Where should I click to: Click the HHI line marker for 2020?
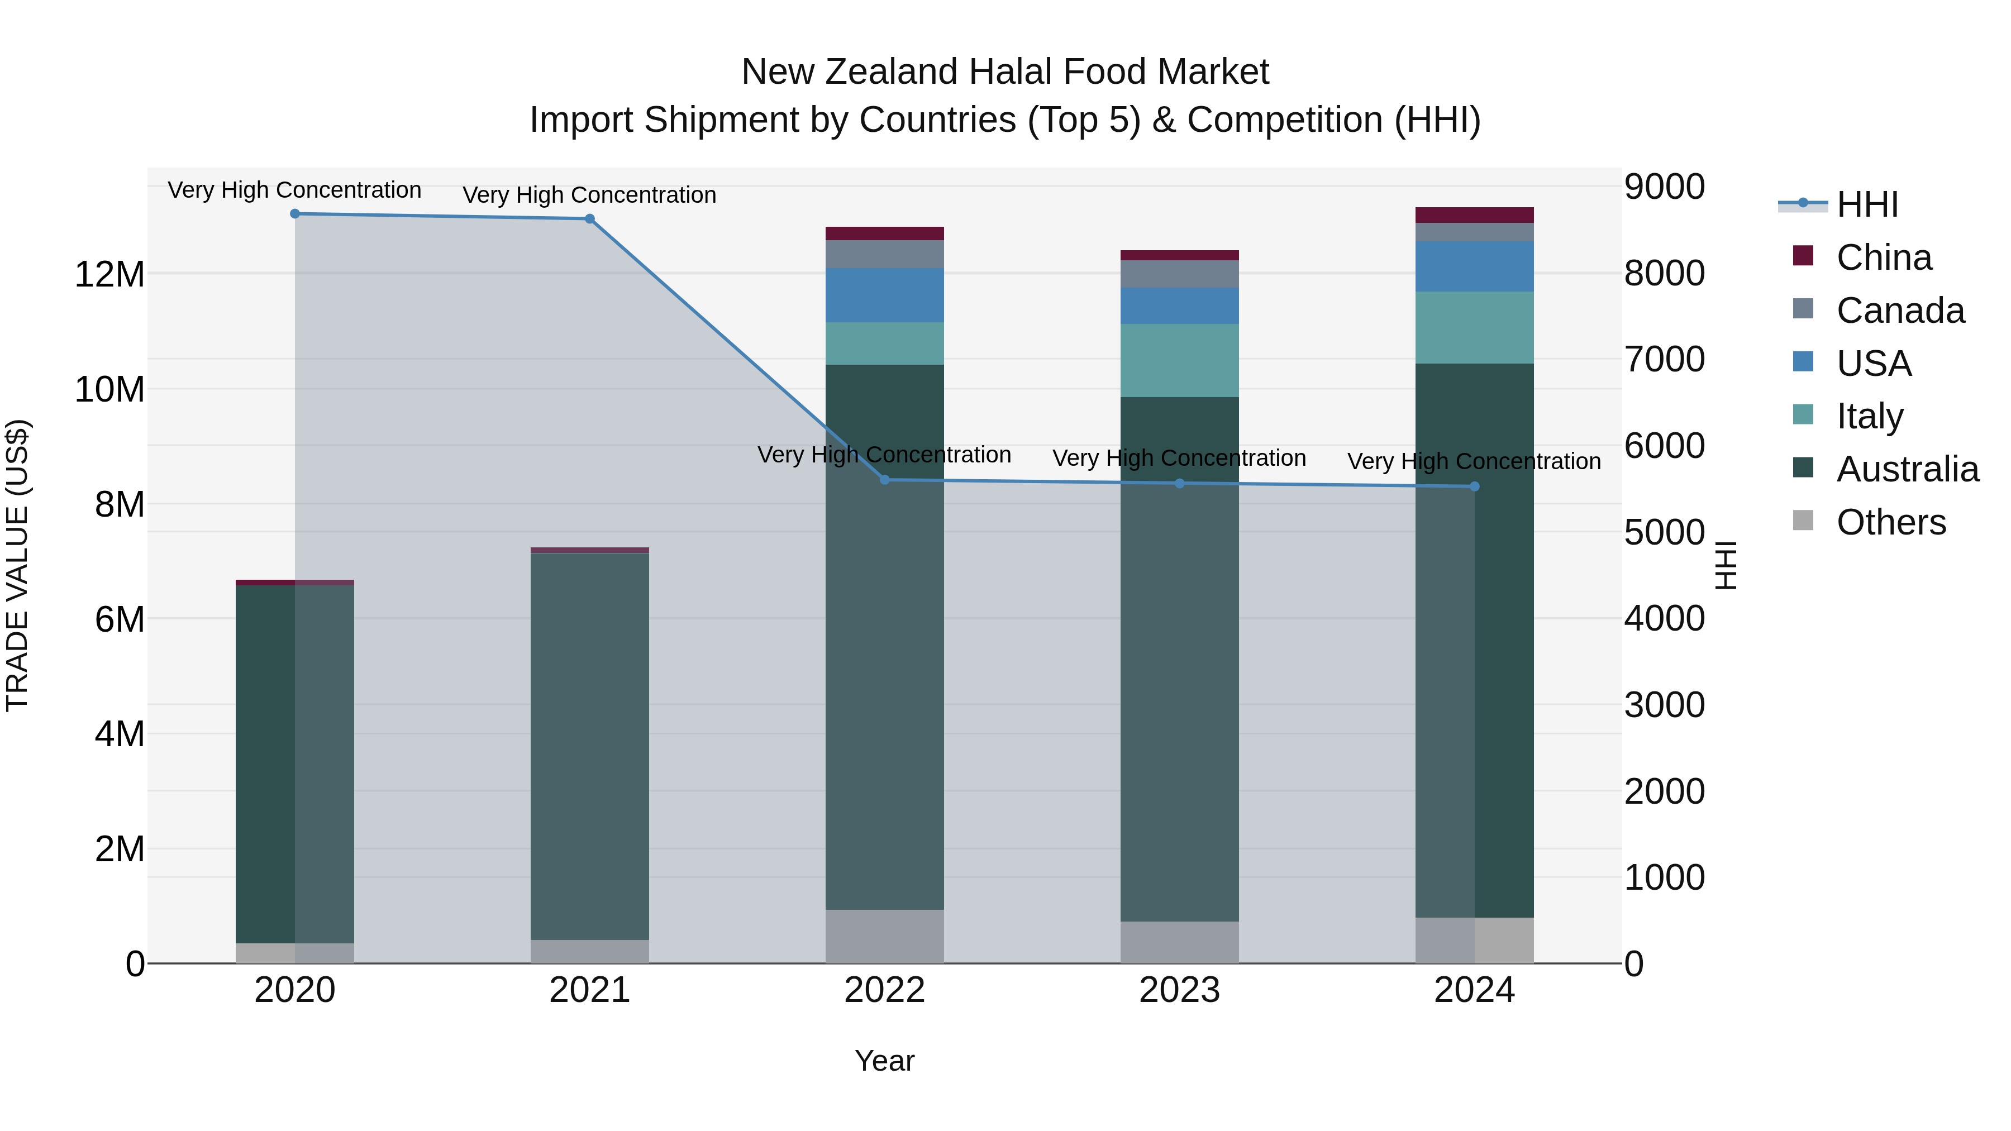coord(295,214)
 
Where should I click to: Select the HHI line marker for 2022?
coord(884,480)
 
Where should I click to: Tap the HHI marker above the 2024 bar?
coord(1474,486)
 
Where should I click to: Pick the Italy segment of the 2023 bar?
coord(1180,361)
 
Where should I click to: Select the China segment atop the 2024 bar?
coord(1474,216)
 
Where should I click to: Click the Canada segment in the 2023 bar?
coord(1180,274)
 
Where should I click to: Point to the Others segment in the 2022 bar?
coord(884,936)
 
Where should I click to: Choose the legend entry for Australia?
coord(1907,469)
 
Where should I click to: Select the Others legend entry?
coord(1891,522)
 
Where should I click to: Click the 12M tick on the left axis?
coord(109,275)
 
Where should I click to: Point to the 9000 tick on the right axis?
coord(1665,187)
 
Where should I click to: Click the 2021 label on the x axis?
coord(589,990)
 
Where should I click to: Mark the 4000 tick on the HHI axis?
coord(1665,619)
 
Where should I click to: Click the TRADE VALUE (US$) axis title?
coord(17,565)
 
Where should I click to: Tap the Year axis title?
coord(884,1061)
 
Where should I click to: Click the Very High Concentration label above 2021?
coord(589,195)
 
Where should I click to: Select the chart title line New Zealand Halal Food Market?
coord(1005,72)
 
